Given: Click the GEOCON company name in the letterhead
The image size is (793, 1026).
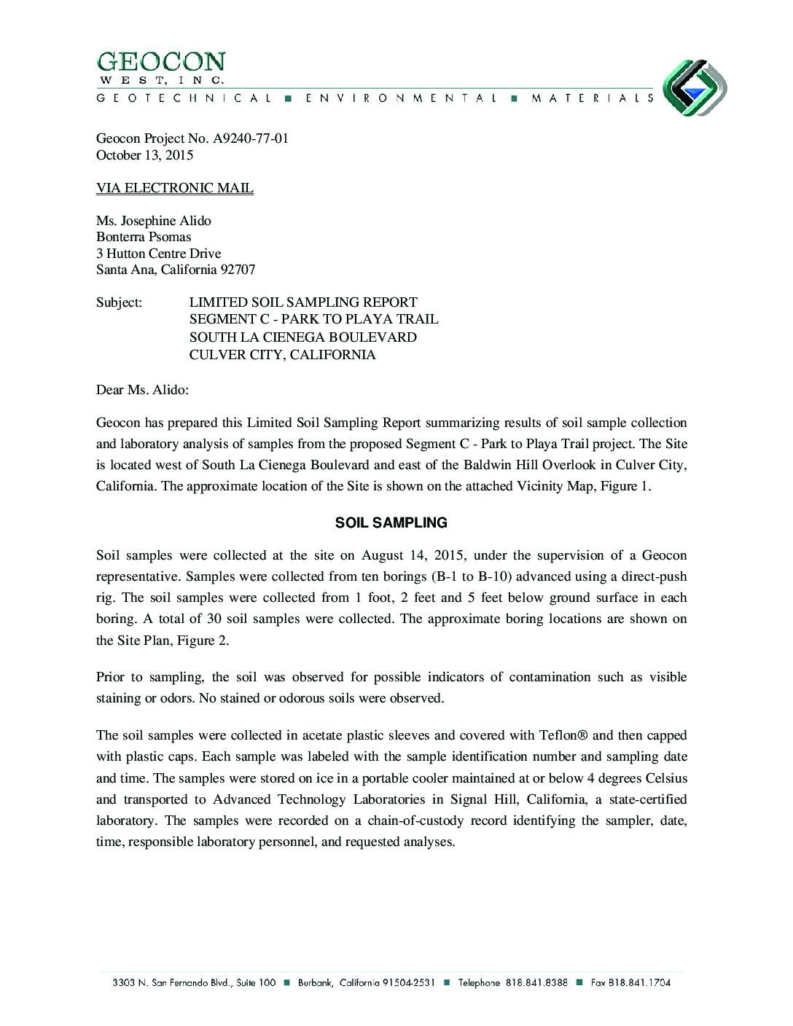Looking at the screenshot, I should pos(161,62).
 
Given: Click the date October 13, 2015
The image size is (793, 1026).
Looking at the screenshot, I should pos(144,155).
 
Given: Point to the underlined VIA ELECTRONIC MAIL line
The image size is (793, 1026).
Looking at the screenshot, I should pos(175,188).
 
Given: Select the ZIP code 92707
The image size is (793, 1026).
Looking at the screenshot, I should pos(238,270).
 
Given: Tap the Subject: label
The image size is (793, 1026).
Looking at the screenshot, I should pos(119,302).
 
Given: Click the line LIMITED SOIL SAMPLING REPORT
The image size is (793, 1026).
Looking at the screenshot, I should pos(303,302).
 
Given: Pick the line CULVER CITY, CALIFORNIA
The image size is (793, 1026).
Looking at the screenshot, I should pos(282,355).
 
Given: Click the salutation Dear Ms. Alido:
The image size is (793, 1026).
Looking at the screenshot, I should pos(142,390).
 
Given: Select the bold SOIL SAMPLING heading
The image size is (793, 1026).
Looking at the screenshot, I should pos(391,522).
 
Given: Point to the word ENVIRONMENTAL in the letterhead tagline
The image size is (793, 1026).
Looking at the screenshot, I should pos(399,98).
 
